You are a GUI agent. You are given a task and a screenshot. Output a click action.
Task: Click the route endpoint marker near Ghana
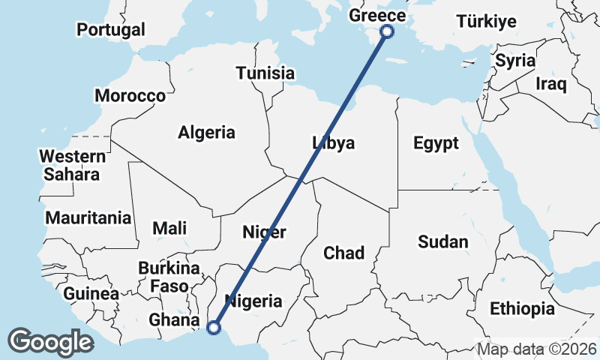pos(214,327)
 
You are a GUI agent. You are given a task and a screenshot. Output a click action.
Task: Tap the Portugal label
pos(111,30)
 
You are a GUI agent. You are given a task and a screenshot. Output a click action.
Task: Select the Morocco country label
pos(130,96)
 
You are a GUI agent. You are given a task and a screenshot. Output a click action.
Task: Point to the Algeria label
pos(206,133)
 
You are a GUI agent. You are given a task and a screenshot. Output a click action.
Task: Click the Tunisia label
pos(265,73)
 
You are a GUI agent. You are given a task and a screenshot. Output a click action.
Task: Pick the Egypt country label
pos(436,142)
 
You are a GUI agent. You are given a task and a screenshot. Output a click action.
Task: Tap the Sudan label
pos(442,241)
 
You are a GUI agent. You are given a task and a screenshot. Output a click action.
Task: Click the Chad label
pos(343,253)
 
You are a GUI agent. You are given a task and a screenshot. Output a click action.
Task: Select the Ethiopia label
pos(522,308)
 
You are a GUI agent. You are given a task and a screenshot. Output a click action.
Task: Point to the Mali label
pos(169,228)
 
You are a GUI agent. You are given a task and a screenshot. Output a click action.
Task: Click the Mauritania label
pos(88,218)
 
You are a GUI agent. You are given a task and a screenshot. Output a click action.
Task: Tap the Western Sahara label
pos(72,166)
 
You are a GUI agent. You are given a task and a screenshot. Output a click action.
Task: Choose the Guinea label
pos(91,294)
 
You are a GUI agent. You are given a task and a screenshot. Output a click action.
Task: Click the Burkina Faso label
pos(169,277)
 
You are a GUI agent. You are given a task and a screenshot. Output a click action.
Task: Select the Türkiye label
pos(487,21)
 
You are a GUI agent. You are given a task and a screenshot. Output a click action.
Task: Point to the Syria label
pos(515,61)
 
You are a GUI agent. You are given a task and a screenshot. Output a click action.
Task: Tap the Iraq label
pos(550,84)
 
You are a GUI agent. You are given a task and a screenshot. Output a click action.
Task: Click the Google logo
pos(50,341)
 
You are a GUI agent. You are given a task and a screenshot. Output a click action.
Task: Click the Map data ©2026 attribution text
pos(537,349)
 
